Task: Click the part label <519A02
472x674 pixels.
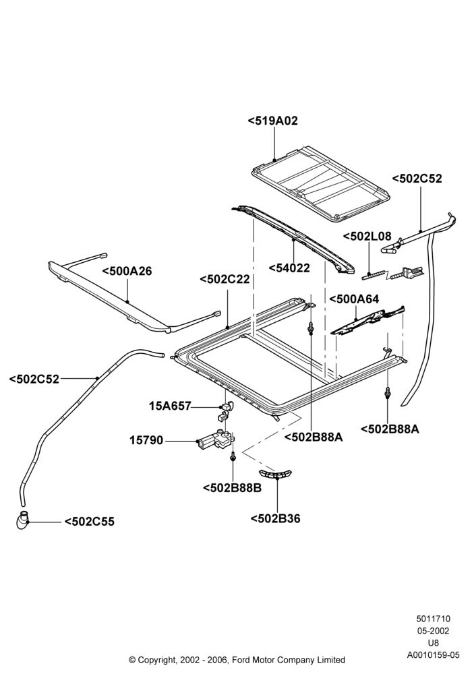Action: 272,121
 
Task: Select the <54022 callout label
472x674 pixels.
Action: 289,268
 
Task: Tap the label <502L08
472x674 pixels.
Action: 367,236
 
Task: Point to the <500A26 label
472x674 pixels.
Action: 127,271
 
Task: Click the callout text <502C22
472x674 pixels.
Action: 225,279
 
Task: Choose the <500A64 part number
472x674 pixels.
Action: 354,299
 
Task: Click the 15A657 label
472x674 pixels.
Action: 170,406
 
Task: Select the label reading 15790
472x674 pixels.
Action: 146,441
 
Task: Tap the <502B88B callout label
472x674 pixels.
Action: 232,488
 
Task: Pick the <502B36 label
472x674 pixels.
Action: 276,519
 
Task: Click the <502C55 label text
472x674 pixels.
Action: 90,522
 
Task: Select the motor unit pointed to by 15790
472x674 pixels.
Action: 215,439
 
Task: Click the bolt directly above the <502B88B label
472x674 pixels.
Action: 233,456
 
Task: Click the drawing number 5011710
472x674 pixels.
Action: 433,619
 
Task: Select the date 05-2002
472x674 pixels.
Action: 434,631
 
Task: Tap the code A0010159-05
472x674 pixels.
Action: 434,655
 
